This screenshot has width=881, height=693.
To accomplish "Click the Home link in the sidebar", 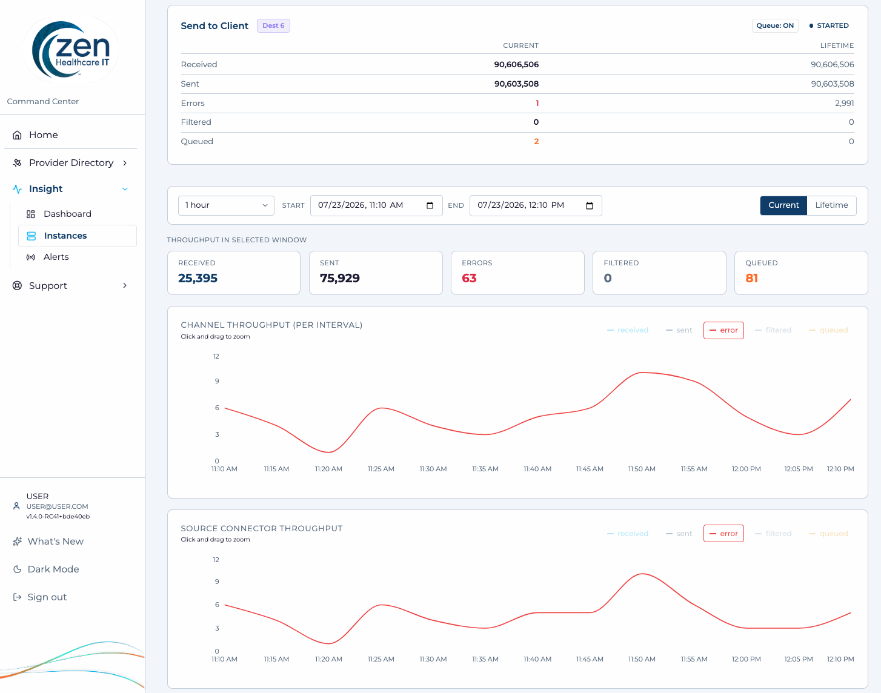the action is pos(44,134).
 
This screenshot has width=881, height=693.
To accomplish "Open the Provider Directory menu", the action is pos(71,163).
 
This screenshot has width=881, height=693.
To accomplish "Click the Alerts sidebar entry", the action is pos(56,257).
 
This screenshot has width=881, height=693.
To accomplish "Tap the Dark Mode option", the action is pos(53,569).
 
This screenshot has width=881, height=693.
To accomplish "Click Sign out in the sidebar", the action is pos(47,597).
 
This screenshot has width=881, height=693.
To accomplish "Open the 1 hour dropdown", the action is pos(226,205).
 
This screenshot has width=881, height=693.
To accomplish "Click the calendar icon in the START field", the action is pos(430,205).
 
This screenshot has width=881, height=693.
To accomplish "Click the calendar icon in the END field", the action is pos(590,205).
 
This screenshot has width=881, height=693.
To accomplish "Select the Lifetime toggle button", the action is pos(831,205).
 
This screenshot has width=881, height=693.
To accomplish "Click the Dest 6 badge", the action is pos(273,25).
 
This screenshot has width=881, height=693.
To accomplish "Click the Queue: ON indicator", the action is pos(775,25).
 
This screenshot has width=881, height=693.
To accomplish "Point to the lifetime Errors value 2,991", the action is pos(844,103).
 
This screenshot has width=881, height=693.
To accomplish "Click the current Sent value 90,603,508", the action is pos(516,84).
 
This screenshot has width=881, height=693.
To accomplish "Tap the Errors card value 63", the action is pos(469,278).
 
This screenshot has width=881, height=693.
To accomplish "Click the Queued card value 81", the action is pos(751,278).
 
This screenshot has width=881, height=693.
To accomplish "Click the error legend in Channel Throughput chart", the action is pos(723,330).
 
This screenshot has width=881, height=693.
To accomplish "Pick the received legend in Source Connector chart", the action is pos(628,533).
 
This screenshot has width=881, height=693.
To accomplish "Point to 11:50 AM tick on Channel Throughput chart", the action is pos(642,469).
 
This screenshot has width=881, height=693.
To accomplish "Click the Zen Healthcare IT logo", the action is pos(71,50).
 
